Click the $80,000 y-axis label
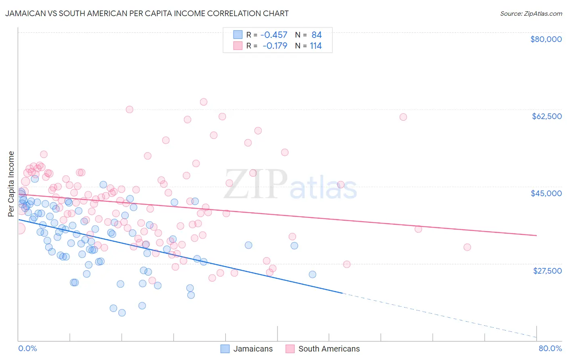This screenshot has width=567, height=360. (x=546, y=39)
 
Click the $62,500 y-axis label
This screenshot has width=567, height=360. (x=546, y=116)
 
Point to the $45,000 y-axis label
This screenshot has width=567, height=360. (x=546, y=193)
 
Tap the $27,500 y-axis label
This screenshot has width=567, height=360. (x=547, y=270)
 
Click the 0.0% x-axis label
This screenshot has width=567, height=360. (x=27, y=348)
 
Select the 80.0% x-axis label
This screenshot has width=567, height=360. (x=550, y=348)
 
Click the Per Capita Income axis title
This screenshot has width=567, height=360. (x=11, y=184)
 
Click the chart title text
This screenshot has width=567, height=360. (x=147, y=13)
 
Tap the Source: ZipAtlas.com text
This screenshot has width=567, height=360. (x=531, y=14)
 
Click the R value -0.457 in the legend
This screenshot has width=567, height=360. (x=274, y=35)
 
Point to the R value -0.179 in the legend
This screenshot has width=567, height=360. (x=275, y=46)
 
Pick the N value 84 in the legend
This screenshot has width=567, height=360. (x=317, y=35)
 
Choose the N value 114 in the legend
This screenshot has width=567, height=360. (x=316, y=46)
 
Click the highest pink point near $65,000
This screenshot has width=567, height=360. (x=204, y=102)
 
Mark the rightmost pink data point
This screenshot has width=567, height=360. (x=467, y=247)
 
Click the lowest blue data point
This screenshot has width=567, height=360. (x=122, y=313)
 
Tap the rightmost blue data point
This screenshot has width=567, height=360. (x=312, y=274)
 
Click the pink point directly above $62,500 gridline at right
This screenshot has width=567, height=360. (x=403, y=117)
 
